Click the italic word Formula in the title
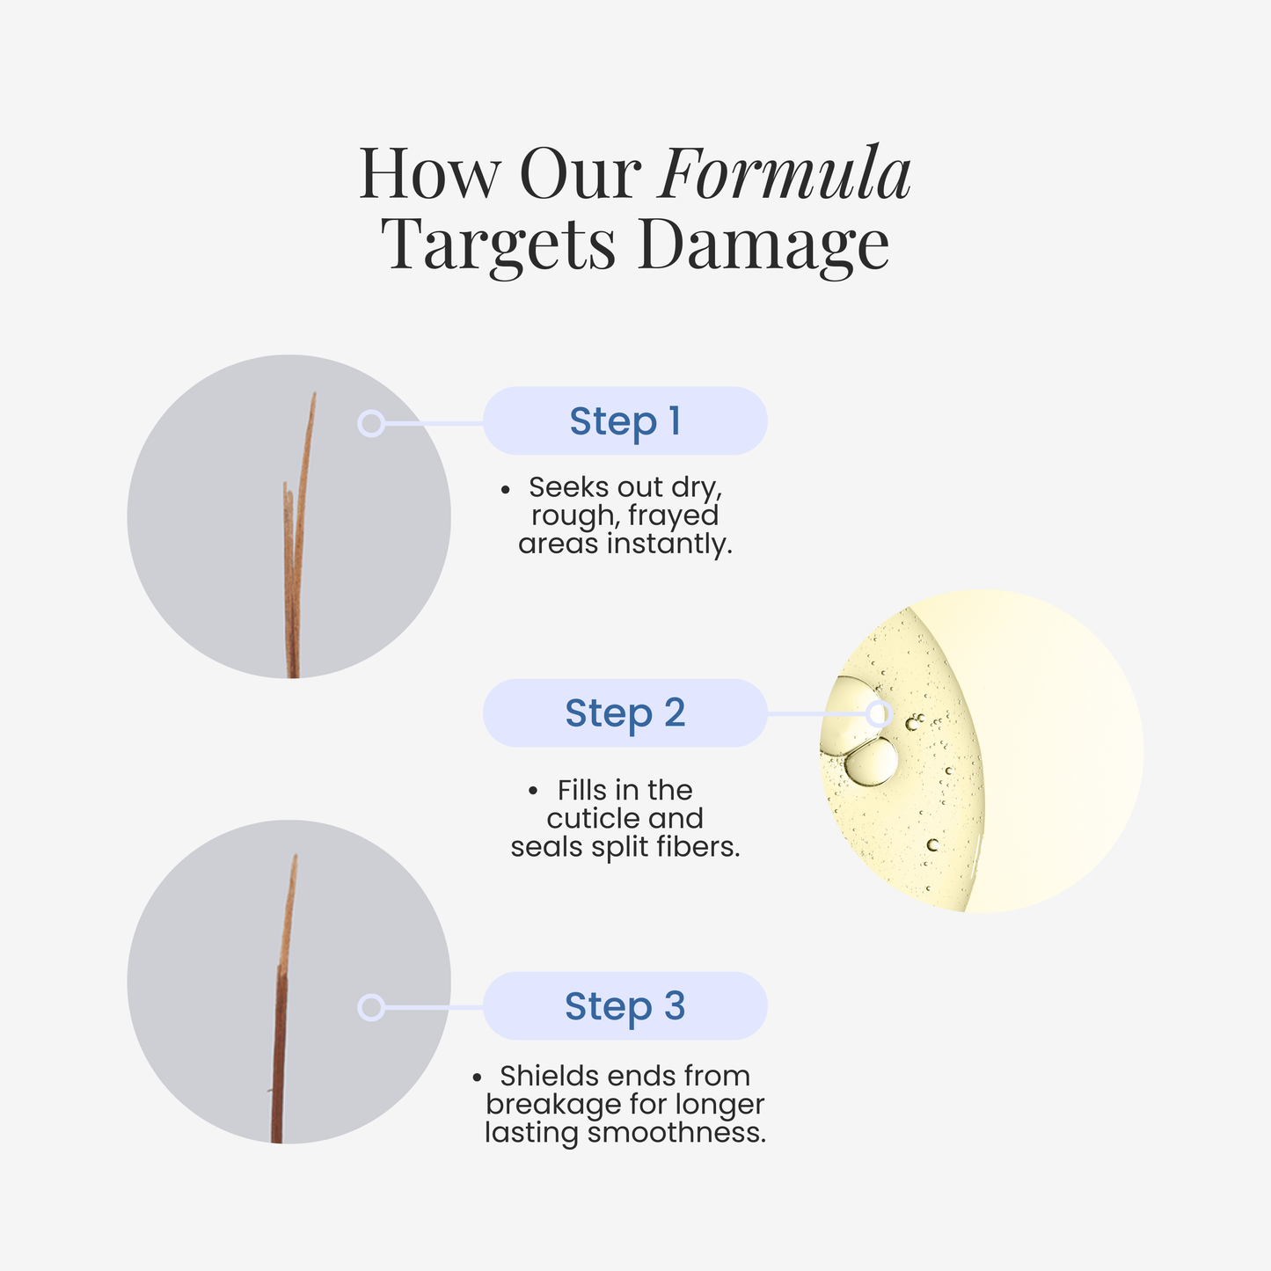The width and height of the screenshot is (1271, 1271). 785,173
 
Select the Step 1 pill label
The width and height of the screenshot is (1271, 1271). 625,421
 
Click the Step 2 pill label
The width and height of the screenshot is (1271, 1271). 625,713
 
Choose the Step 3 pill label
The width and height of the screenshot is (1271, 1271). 625,1006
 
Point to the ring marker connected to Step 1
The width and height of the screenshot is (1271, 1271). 371,424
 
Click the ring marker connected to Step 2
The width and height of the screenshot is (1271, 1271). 879,713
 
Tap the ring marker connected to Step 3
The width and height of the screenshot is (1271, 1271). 371,1007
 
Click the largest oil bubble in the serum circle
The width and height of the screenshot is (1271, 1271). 871,762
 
